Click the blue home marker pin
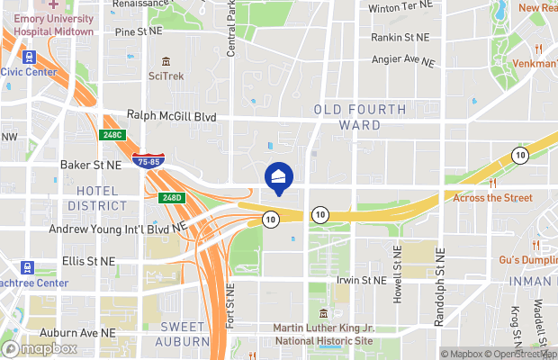(278, 177)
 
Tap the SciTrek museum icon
(166, 61)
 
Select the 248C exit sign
(111, 135)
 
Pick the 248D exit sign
(172, 197)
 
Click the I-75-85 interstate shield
(148, 161)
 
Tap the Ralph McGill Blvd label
(171, 116)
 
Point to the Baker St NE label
(90, 166)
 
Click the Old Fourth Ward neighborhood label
(360, 117)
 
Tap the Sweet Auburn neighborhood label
(184, 334)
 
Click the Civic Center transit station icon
(29, 57)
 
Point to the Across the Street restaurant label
(492, 197)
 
